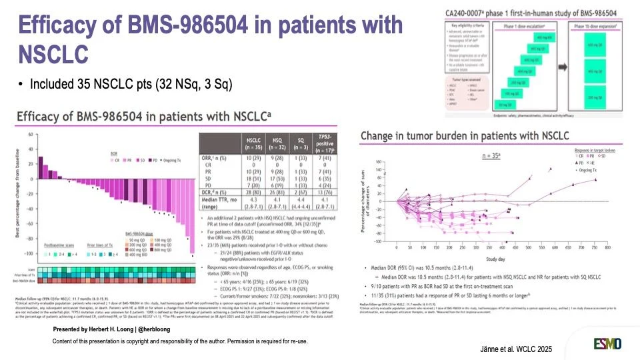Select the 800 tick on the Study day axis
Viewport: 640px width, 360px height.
point(607,247)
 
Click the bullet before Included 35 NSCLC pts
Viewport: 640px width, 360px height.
point(21,85)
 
